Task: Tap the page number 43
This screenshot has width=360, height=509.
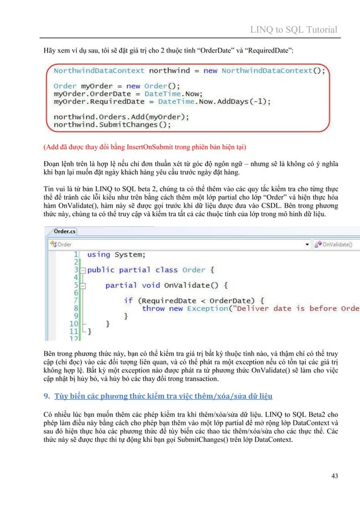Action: pyautogui.click(x=335, y=477)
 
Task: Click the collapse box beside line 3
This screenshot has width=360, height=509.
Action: pyautogui.click(x=83, y=271)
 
